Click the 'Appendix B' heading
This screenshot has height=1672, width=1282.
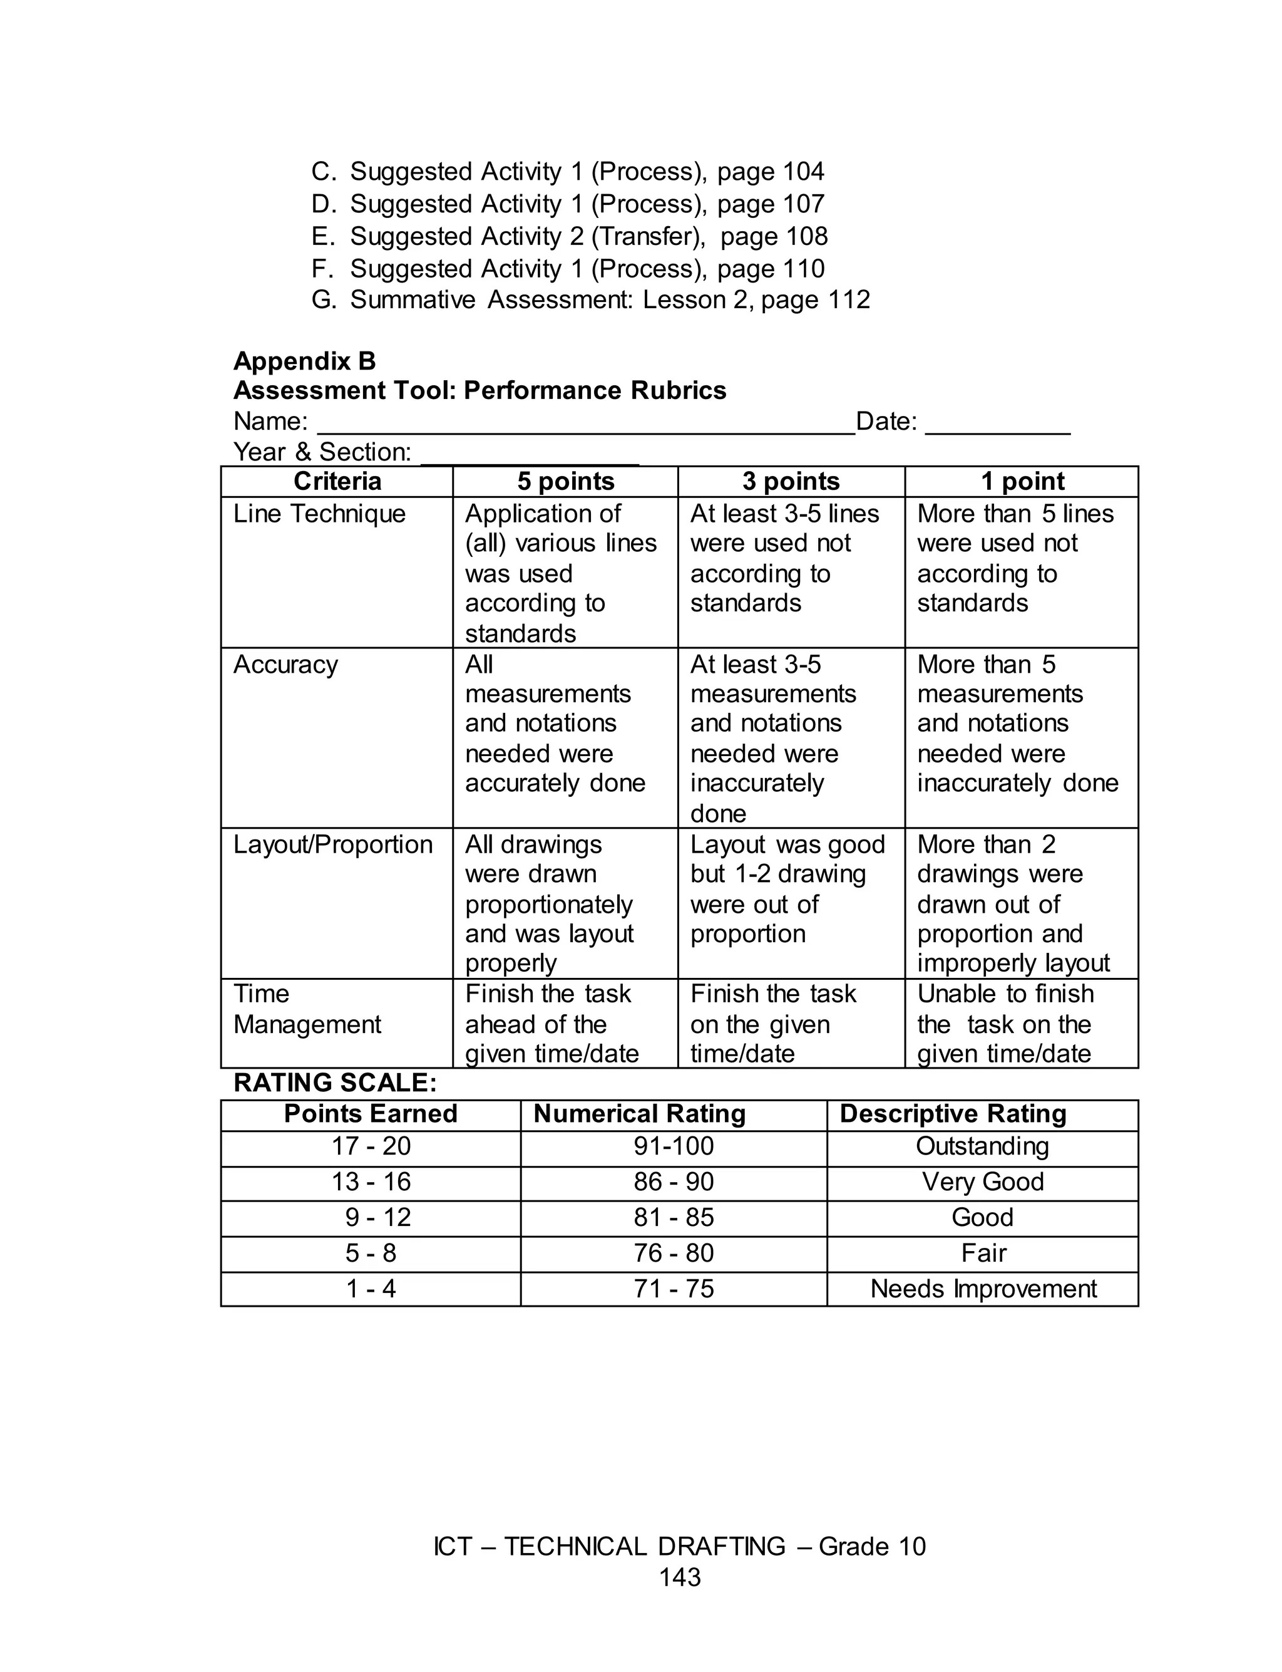[304, 360]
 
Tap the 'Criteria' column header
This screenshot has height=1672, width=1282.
[337, 481]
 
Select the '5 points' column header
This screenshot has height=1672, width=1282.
[565, 481]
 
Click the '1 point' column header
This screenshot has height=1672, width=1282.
[1022, 481]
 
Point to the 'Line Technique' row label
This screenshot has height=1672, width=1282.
[319, 513]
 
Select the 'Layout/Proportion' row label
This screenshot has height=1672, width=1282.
[333, 844]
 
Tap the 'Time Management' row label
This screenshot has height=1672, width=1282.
[307, 1009]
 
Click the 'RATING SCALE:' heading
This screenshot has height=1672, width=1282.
[335, 1083]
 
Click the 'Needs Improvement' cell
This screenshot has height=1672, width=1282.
[983, 1289]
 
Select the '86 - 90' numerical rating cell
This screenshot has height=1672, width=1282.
[673, 1182]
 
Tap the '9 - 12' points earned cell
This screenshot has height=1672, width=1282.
[377, 1217]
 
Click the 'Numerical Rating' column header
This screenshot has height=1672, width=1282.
[640, 1114]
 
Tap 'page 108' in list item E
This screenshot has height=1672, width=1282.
[774, 237]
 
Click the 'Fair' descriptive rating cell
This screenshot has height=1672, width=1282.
[983, 1253]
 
